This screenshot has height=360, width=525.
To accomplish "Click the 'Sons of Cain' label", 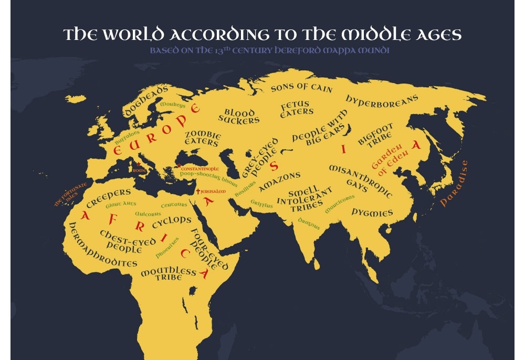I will pyautogui.click(x=302, y=88).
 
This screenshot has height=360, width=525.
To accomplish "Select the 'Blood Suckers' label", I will pyautogui.click(x=239, y=116).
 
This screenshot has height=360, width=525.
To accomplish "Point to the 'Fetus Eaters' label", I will pyautogui.click(x=297, y=108).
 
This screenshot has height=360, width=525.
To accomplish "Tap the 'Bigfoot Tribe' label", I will pyautogui.click(x=376, y=136).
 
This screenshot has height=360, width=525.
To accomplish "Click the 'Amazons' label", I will pyautogui.click(x=280, y=179).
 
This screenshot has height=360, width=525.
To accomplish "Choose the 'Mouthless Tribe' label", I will pyautogui.click(x=168, y=273).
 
